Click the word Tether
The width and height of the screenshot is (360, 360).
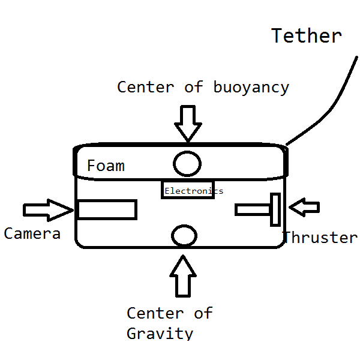(306, 36)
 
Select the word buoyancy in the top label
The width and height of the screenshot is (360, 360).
(251, 88)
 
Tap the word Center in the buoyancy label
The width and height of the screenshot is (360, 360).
(146, 87)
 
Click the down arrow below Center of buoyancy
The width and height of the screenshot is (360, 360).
(188, 122)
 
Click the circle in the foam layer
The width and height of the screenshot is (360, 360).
(187, 163)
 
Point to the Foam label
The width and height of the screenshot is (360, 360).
(106, 166)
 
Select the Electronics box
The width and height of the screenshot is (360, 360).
(188, 190)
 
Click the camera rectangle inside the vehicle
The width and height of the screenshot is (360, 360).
(107, 209)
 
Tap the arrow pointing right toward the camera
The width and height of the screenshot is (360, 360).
(48, 209)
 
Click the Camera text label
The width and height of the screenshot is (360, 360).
(32, 233)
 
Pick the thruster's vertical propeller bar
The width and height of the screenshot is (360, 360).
(275, 209)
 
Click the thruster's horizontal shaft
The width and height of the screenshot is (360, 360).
(253, 209)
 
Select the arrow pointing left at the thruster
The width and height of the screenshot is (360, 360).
(304, 208)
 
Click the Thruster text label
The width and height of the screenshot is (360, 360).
(320, 238)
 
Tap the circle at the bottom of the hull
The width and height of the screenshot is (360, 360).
(184, 235)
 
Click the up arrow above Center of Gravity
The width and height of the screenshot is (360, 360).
(183, 274)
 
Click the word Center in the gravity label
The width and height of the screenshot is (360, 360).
(155, 313)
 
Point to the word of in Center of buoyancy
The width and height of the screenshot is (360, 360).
(194, 87)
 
